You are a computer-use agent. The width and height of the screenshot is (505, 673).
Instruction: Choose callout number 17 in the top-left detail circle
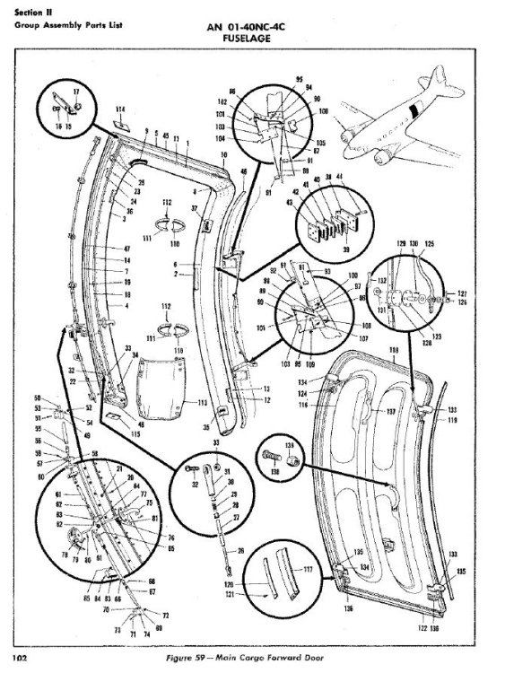(75, 92)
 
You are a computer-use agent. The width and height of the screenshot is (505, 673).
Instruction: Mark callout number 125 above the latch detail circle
(430, 243)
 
